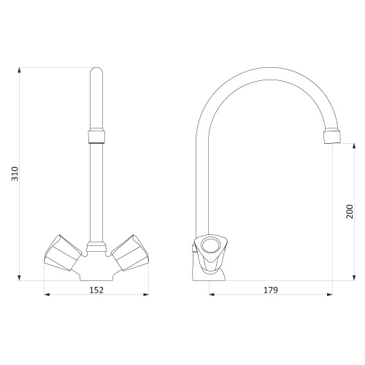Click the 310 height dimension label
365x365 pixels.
[x=15, y=174]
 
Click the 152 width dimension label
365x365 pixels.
[x=96, y=290]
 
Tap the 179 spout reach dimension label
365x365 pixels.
[x=271, y=290]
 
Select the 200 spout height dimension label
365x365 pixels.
[x=350, y=212]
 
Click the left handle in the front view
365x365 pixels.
[x=63, y=253]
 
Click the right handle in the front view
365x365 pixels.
[x=130, y=253]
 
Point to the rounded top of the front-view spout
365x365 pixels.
[x=96, y=71]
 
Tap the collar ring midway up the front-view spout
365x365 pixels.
[x=96, y=137]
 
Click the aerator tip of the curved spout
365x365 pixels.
[x=332, y=137]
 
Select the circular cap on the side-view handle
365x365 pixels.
[x=210, y=245]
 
